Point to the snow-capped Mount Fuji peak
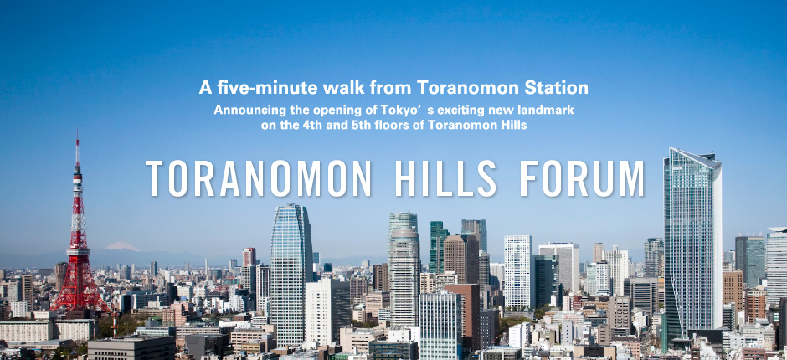coord(122,246)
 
